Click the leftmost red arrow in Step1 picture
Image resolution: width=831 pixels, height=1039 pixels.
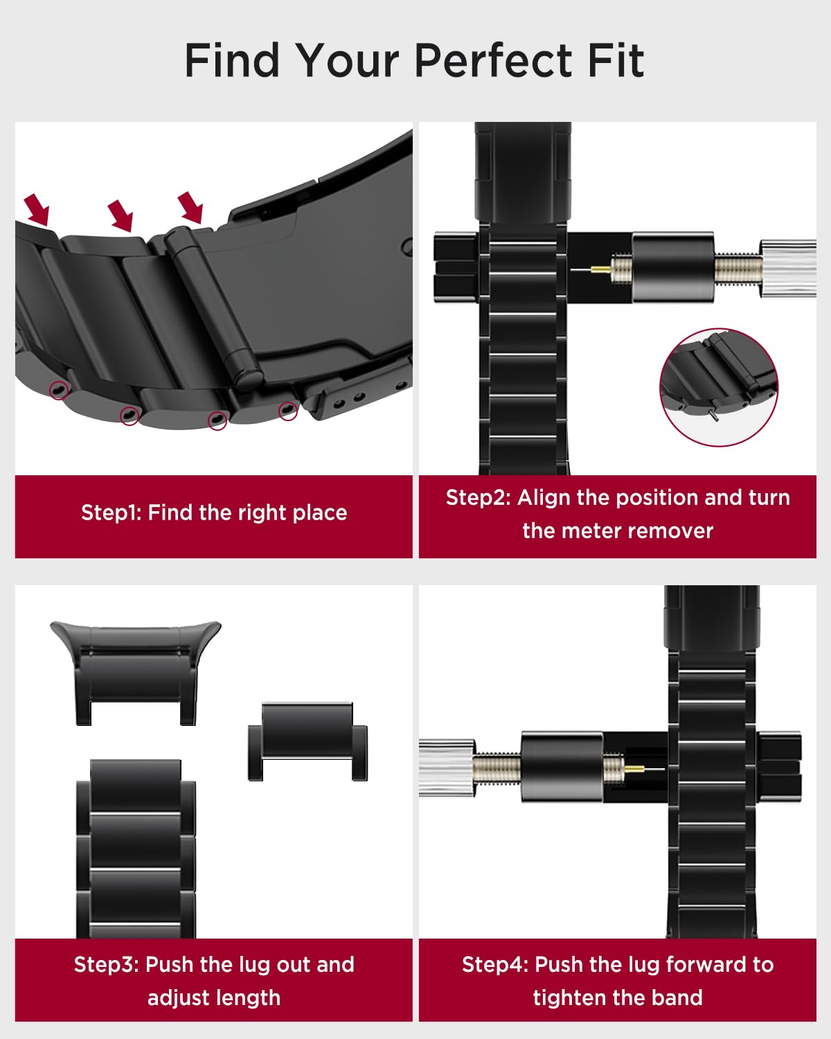pos(37,209)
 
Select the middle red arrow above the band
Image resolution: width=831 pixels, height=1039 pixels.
pos(120,215)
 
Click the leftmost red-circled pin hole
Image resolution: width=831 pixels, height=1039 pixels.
pos(59,389)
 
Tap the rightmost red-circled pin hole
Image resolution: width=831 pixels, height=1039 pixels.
pos(288,410)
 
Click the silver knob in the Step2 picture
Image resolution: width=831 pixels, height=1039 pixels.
pos(788,268)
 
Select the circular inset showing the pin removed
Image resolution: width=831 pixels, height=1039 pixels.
pos(719,387)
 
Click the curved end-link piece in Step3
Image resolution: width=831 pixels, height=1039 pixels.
pos(136,673)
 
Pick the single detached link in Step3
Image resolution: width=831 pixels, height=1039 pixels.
pos(307,741)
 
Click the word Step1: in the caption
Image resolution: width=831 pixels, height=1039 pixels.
pos(111,513)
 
